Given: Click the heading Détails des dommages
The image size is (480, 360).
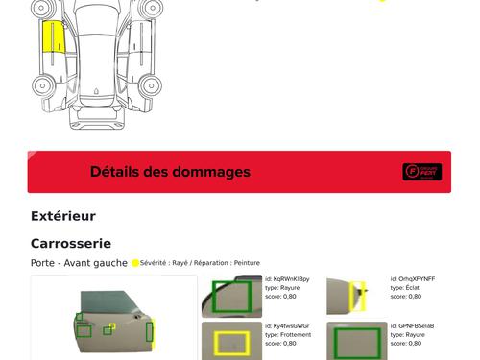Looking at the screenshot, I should tap(170, 172).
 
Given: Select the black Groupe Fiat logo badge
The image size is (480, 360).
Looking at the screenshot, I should tap(421, 172).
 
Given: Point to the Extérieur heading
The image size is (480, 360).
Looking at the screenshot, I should tap(63, 216).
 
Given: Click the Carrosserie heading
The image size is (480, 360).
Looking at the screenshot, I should tap(71, 244).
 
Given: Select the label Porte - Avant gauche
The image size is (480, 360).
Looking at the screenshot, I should tap(79, 262).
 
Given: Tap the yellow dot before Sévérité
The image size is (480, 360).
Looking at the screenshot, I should tap(135, 262).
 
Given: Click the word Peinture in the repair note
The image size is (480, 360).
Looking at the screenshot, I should tap(247, 262).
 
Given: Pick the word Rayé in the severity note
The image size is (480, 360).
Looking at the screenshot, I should tap(180, 262).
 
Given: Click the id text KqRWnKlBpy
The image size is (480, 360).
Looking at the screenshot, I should tap(292, 279).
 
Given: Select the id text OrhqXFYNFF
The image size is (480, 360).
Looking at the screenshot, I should tap(417, 279).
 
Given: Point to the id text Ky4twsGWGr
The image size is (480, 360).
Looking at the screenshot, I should tap(291, 326).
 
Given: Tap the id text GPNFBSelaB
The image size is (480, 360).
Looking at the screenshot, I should tap(417, 326).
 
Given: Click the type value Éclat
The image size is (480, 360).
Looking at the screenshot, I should tap(412, 288).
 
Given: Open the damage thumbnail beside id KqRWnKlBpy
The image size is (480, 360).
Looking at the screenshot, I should tap(231, 297).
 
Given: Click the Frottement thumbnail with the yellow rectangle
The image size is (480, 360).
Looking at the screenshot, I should tap(231, 341).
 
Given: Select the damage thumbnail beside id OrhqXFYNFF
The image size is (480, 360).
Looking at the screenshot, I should tap(356, 296).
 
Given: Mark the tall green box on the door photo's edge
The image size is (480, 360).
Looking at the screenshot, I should tap(150, 332).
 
